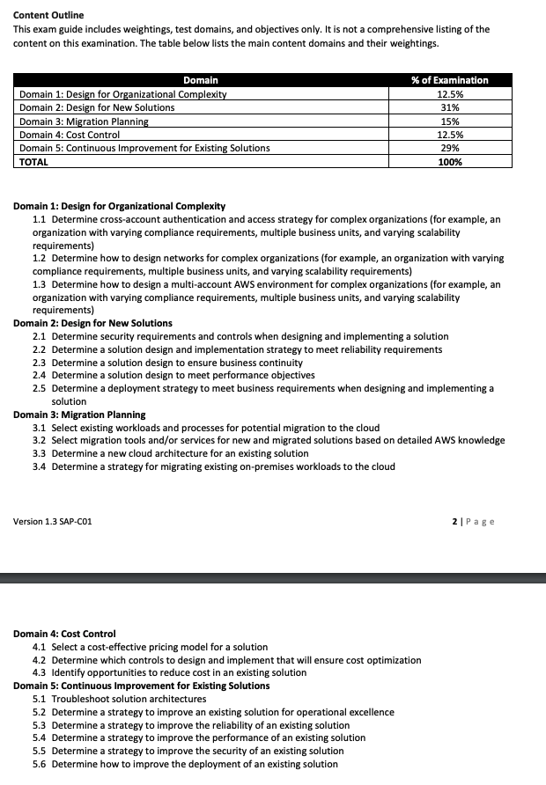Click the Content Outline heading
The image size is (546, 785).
[48, 15]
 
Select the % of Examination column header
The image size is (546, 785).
[450, 80]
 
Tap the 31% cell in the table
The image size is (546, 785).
[450, 107]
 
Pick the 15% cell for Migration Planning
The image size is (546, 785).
[450, 121]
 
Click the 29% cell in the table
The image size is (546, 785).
[450, 148]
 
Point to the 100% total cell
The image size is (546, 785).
[450, 162]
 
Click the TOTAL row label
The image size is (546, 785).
[34, 162]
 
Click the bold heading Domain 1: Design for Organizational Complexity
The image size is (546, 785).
[119, 206]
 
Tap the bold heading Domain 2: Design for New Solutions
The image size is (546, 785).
[92, 323]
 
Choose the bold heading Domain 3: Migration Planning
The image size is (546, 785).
[79, 415]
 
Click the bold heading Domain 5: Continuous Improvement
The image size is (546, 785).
[141, 686]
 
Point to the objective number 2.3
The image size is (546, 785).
[39, 363]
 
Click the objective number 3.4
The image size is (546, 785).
[39, 466]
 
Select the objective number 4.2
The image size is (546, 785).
[39, 660]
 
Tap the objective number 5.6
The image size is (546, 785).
[39, 764]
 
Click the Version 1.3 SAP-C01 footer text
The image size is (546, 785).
[52, 522]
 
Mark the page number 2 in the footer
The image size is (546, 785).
[454, 522]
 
